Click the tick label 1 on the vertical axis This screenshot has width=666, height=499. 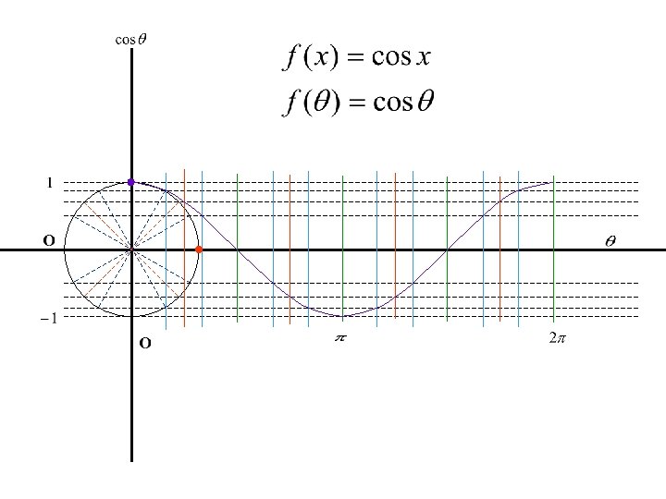coord(50,182)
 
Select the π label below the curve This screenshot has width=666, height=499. coord(339,339)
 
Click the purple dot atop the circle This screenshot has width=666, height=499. coord(131,182)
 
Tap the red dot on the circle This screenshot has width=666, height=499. coord(199,250)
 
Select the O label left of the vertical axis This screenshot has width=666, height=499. coord(49,241)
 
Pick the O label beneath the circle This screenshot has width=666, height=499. coord(144,345)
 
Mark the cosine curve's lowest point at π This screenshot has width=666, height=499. coord(343,317)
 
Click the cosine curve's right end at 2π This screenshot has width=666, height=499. coord(552,183)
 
